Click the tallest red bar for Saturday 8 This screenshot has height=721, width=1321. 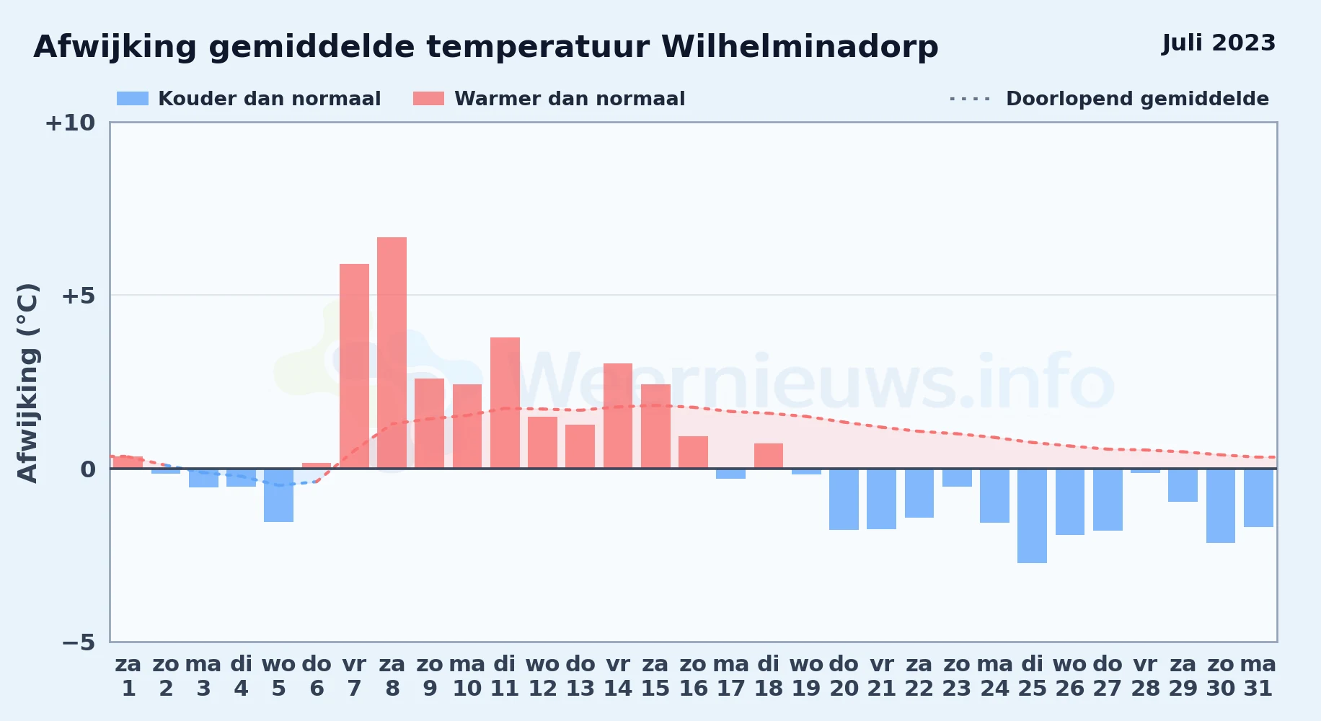click(x=392, y=353)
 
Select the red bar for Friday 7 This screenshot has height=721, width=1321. click(x=354, y=366)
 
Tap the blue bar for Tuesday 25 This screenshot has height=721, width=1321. click(x=1032, y=516)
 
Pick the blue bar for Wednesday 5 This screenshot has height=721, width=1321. click(x=278, y=495)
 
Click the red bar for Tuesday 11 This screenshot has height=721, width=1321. click(x=505, y=403)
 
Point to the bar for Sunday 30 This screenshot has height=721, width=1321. click(x=1221, y=505)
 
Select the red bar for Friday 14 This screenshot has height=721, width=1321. click(x=618, y=416)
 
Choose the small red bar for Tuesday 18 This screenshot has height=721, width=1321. click(x=769, y=456)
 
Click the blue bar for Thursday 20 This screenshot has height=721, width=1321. click(x=844, y=499)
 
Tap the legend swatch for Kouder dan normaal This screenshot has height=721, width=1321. click(x=133, y=99)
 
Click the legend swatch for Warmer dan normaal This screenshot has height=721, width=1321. click(x=429, y=99)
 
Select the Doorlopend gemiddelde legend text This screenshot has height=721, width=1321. click(x=1137, y=99)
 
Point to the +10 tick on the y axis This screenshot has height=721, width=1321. click(x=70, y=123)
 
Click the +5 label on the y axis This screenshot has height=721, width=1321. click(x=79, y=296)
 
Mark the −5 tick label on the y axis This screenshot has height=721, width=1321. click(x=79, y=642)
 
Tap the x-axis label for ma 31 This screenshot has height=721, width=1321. click(x=1258, y=676)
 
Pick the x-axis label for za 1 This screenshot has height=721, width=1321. click(x=128, y=676)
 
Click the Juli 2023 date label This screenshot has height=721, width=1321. click(x=1219, y=43)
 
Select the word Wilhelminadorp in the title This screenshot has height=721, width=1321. click(x=800, y=47)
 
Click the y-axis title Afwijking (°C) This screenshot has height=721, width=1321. click(x=27, y=383)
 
